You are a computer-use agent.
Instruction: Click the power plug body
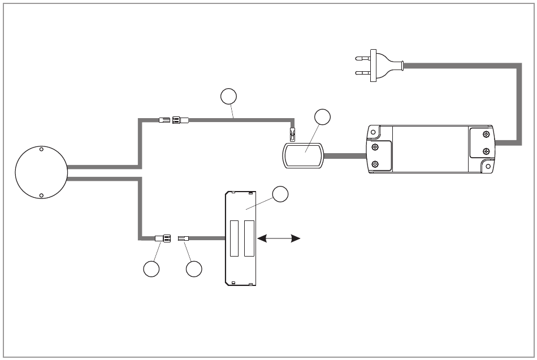374,65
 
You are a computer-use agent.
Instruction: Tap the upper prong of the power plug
361,58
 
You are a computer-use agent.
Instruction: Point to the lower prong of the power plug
361,72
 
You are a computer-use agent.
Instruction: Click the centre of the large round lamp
41,172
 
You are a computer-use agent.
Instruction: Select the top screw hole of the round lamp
41,150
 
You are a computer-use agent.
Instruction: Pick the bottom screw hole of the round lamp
41,195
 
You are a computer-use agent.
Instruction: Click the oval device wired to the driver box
304,155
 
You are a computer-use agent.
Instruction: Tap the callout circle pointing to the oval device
323,117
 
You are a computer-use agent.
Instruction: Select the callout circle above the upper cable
228,97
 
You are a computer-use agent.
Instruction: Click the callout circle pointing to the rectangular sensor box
280,194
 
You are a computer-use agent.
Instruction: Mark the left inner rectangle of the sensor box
235,238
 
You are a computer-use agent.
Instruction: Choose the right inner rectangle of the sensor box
249,238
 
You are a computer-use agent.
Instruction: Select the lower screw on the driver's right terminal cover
487,151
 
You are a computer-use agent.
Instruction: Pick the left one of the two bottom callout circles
151,270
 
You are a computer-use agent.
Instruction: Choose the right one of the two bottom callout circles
194,270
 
